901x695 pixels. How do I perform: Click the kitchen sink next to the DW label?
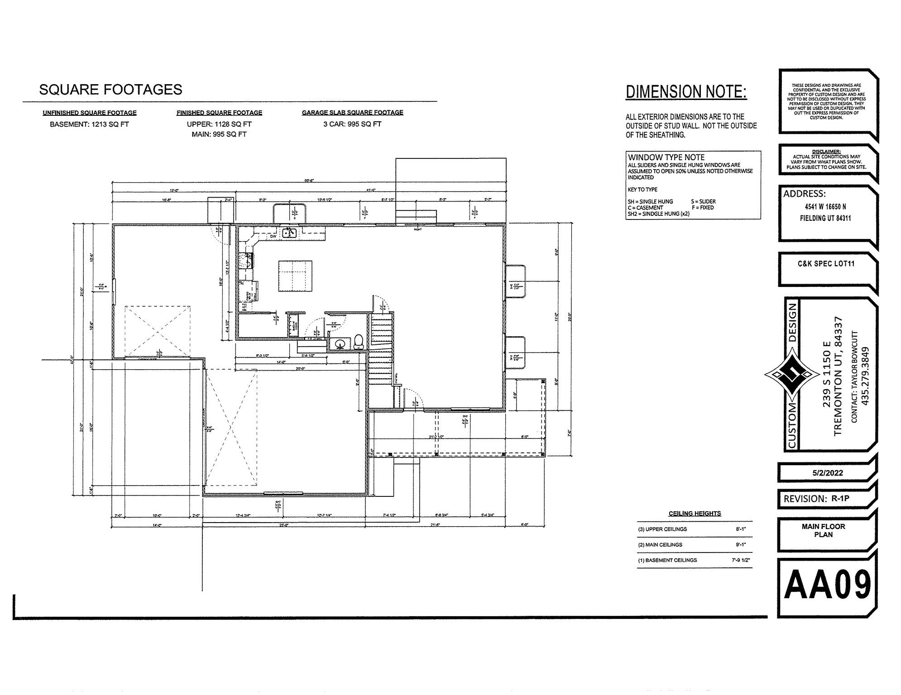(x=289, y=233)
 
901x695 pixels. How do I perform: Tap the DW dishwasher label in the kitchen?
(x=273, y=236)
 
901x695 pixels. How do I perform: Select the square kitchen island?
(x=295, y=276)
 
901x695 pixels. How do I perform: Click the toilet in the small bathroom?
(x=359, y=342)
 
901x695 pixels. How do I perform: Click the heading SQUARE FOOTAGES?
(x=110, y=90)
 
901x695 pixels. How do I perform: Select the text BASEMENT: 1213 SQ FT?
(x=89, y=124)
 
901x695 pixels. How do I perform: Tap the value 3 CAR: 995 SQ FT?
(x=352, y=124)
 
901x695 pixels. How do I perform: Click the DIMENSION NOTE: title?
(x=686, y=92)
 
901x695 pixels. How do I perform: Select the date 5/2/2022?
(x=827, y=473)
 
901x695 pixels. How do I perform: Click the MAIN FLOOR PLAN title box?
(x=823, y=530)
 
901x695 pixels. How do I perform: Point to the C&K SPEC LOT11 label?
(x=826, y=264)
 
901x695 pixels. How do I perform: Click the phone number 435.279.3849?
(x=865, y=376)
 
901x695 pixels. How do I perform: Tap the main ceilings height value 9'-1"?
(x=741, y=545)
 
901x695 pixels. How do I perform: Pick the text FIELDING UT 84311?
(x=825, y=218)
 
